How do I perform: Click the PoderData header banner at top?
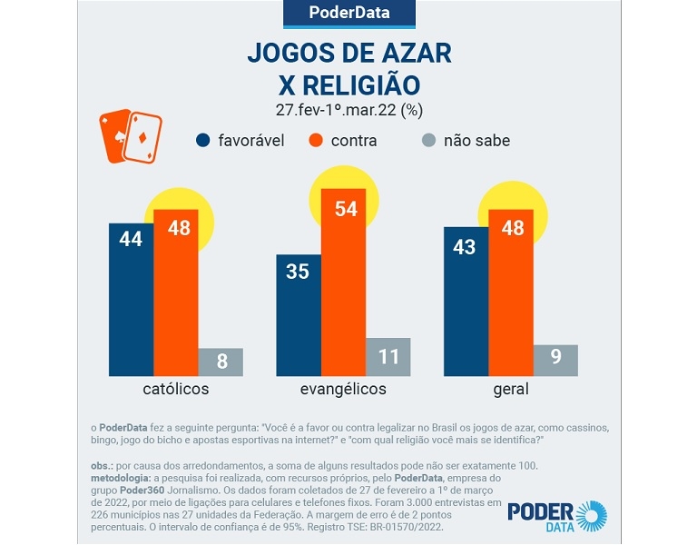[349, 14]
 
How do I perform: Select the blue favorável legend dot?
[203, 140]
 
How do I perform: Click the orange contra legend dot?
[316, 140]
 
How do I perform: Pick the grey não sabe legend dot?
[429, 140]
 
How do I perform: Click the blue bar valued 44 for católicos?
[131, 300]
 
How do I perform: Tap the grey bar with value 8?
[221, 362]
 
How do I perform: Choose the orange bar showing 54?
[343, 282]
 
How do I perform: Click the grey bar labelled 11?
[388, 357]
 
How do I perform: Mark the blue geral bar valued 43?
[466, 302]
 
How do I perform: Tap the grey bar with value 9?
[555, 360]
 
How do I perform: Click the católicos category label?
[176, 390]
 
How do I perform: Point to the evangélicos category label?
[343, 390]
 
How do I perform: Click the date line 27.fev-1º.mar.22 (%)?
[349, 110]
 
